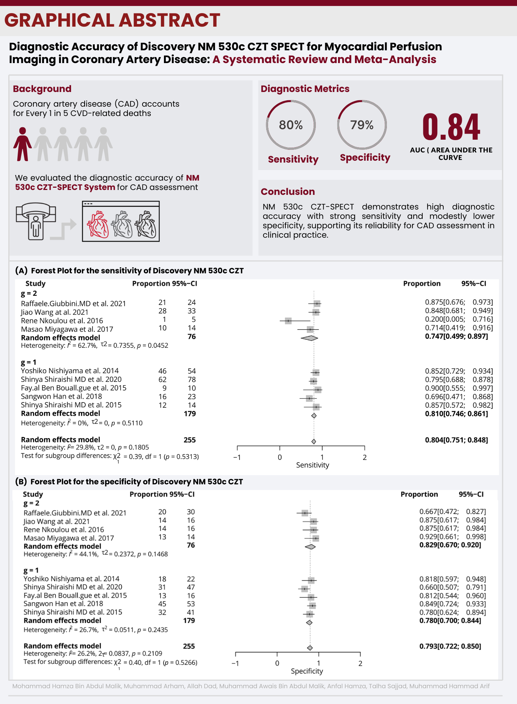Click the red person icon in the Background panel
pyautogui.click(x=23, y=144)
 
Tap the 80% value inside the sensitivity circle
pyautogui.click(x=291, y=125)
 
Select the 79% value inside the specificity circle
pyautogui.click(x=362, y=125)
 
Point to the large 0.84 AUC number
pyautogui.click(x=451, y=127)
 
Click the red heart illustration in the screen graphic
pyautogui.click(x=98, y=224)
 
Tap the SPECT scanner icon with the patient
pyautogui.click(x=36, y=221)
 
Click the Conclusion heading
pyautogui.click(x=288, y=191)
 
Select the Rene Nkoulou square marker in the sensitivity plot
pyautogui.click(x=288, y=321)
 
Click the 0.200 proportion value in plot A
pyautogui.click(x=434, y=319)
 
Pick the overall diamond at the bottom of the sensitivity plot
pyautogui.click(x=314, y=442)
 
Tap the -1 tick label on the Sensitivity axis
pyautogui.click(x=237, y=457)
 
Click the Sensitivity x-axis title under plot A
pyautogui.click(x=312, y=465)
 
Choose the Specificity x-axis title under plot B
pyautogui.click(x=307, y=671)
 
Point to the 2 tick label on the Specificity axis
pyautogui.click(x=360, y=663)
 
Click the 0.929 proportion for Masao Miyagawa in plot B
pyautogui.click(x=428, y=537)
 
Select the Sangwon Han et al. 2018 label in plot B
pyautogui.click(x=63, y=604)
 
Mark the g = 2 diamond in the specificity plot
pyautogui.click(x=310, y=547)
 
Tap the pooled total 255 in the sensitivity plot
pyautogui.click(x=190, y=440)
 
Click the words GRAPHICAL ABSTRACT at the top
pyautogui.click(x=112, y=20)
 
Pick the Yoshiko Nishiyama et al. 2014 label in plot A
pyautogui.click(x=70, y=371)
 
